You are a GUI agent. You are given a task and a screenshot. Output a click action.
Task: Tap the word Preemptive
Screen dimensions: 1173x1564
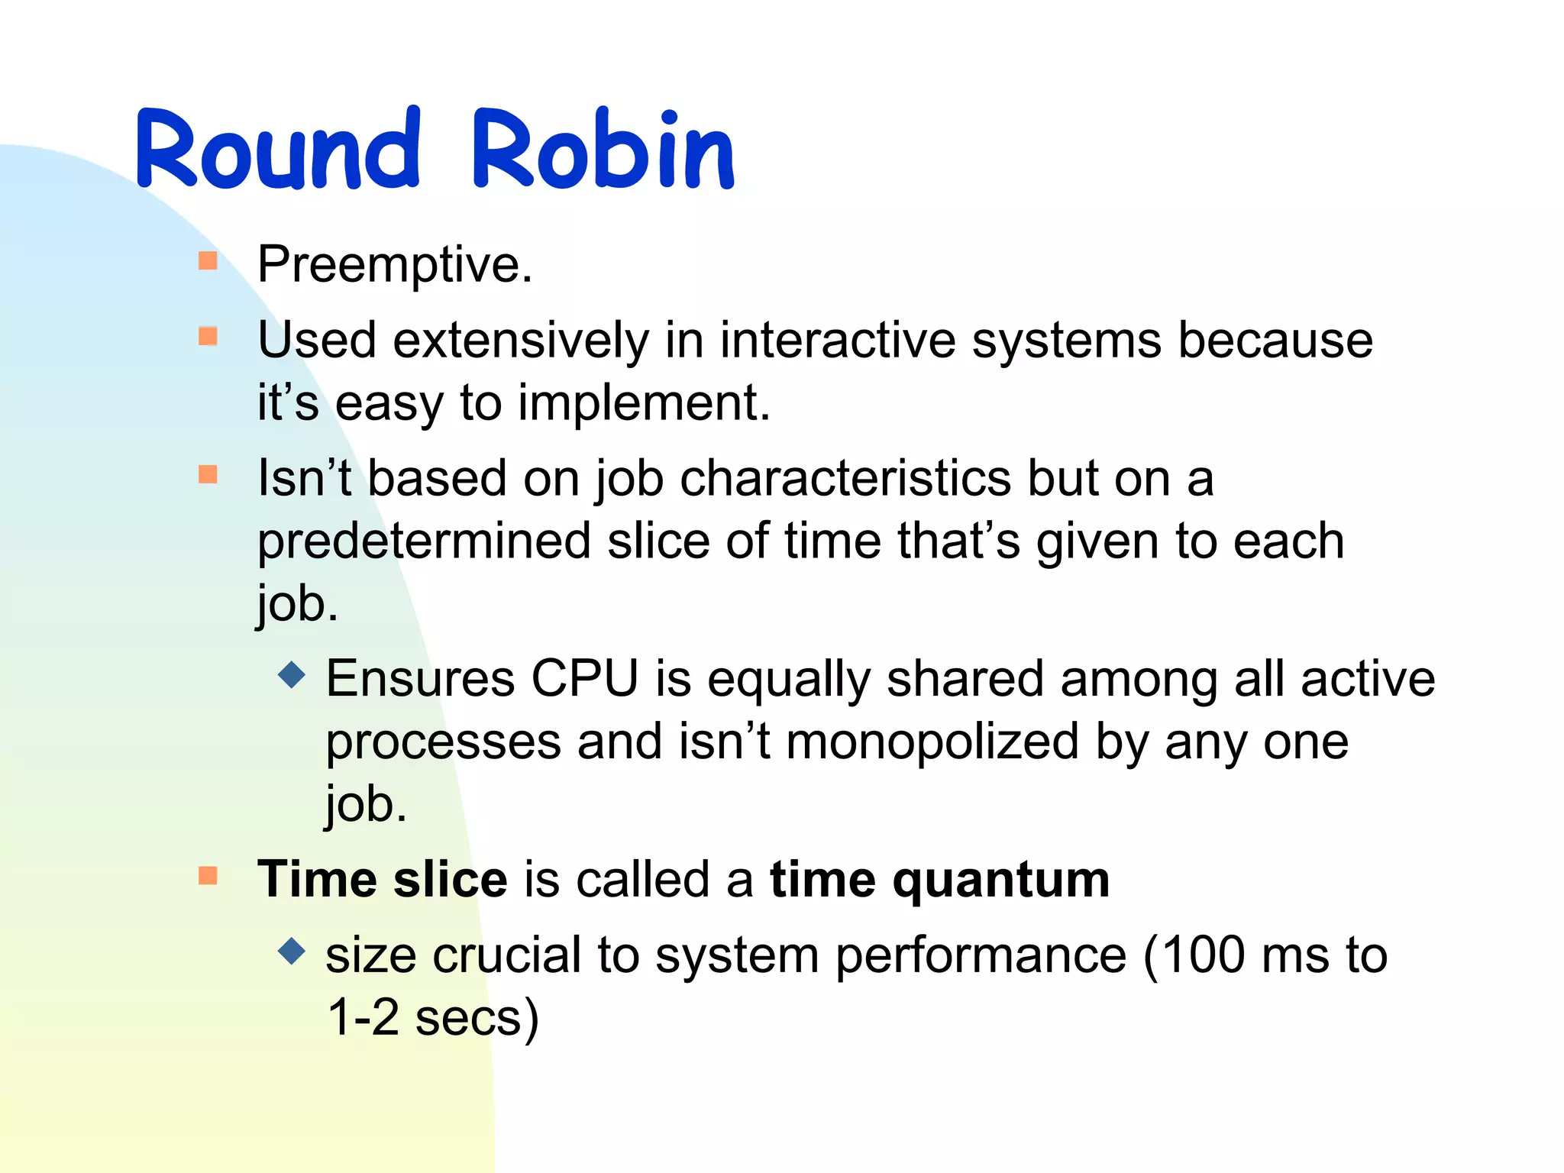394,265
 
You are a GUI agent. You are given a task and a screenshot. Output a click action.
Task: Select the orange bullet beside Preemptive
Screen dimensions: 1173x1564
208,261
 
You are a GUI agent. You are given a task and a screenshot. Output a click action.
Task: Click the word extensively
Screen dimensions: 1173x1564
520,340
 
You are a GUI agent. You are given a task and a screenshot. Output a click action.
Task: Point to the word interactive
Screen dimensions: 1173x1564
837,340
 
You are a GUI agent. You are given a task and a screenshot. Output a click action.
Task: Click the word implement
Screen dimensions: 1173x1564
643,402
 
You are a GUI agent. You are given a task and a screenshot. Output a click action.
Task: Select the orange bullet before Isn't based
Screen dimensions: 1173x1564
208,475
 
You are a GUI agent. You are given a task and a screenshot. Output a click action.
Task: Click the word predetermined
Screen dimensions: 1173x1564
424,541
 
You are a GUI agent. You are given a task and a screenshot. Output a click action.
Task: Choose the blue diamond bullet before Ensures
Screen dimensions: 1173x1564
292,674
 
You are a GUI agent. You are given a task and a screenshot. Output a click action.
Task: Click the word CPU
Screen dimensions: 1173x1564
584,678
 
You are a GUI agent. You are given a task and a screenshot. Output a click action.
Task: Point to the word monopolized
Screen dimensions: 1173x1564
932,742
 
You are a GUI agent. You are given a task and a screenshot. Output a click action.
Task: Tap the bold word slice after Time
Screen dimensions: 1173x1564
450,880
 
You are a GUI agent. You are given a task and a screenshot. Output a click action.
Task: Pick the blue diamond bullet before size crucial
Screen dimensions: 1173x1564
292,951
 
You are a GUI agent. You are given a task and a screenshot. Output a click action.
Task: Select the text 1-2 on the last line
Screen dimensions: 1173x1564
363,1018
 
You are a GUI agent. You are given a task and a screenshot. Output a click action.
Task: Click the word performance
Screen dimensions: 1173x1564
981,957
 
